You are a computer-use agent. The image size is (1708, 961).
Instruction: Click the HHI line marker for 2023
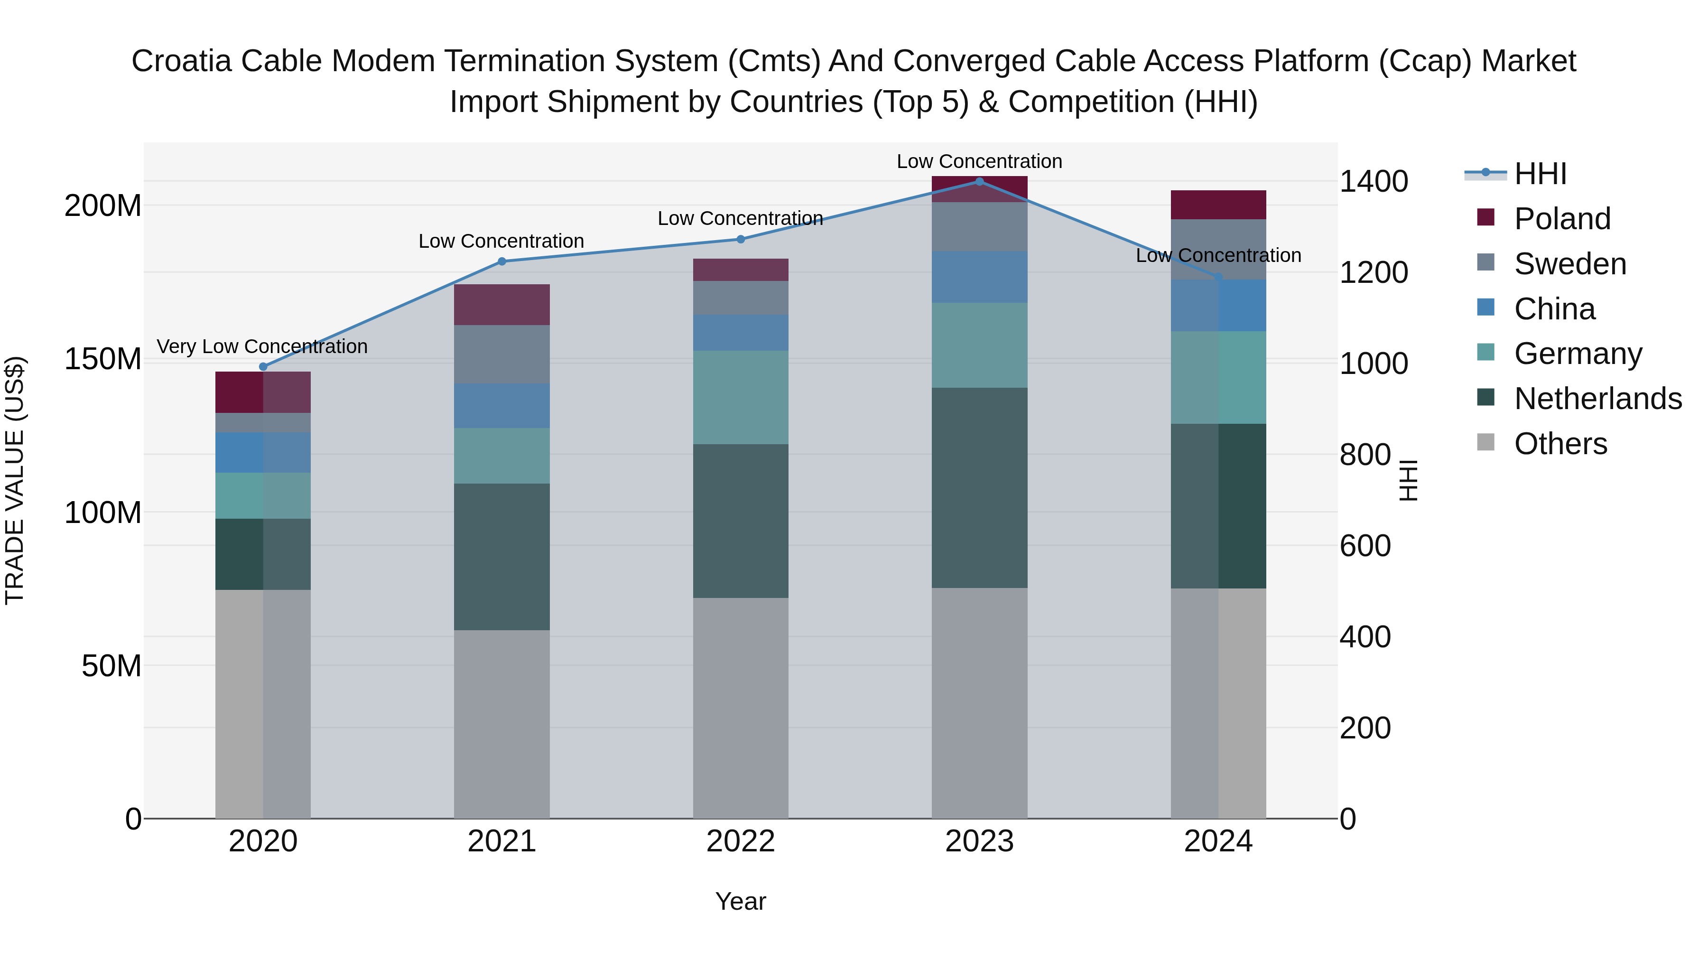coord(979,182)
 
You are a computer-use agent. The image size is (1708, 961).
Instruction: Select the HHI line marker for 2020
coord(263,367)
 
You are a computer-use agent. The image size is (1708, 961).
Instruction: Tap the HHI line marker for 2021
coord(502,262)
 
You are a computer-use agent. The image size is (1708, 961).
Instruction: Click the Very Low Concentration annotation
coord(262,347)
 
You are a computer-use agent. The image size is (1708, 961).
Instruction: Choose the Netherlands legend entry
coord(1597,399)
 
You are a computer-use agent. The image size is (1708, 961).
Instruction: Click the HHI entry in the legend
coord(1540,174)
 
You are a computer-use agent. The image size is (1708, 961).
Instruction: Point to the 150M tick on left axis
coord(103,359)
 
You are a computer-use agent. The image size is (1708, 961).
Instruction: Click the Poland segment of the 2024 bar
coord(1218,205)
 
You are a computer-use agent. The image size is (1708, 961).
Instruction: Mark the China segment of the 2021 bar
coord(502,406)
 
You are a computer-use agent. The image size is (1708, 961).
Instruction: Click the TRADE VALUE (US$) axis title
coord(15,480)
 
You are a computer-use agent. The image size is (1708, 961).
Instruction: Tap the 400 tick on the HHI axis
coord(1365,637)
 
